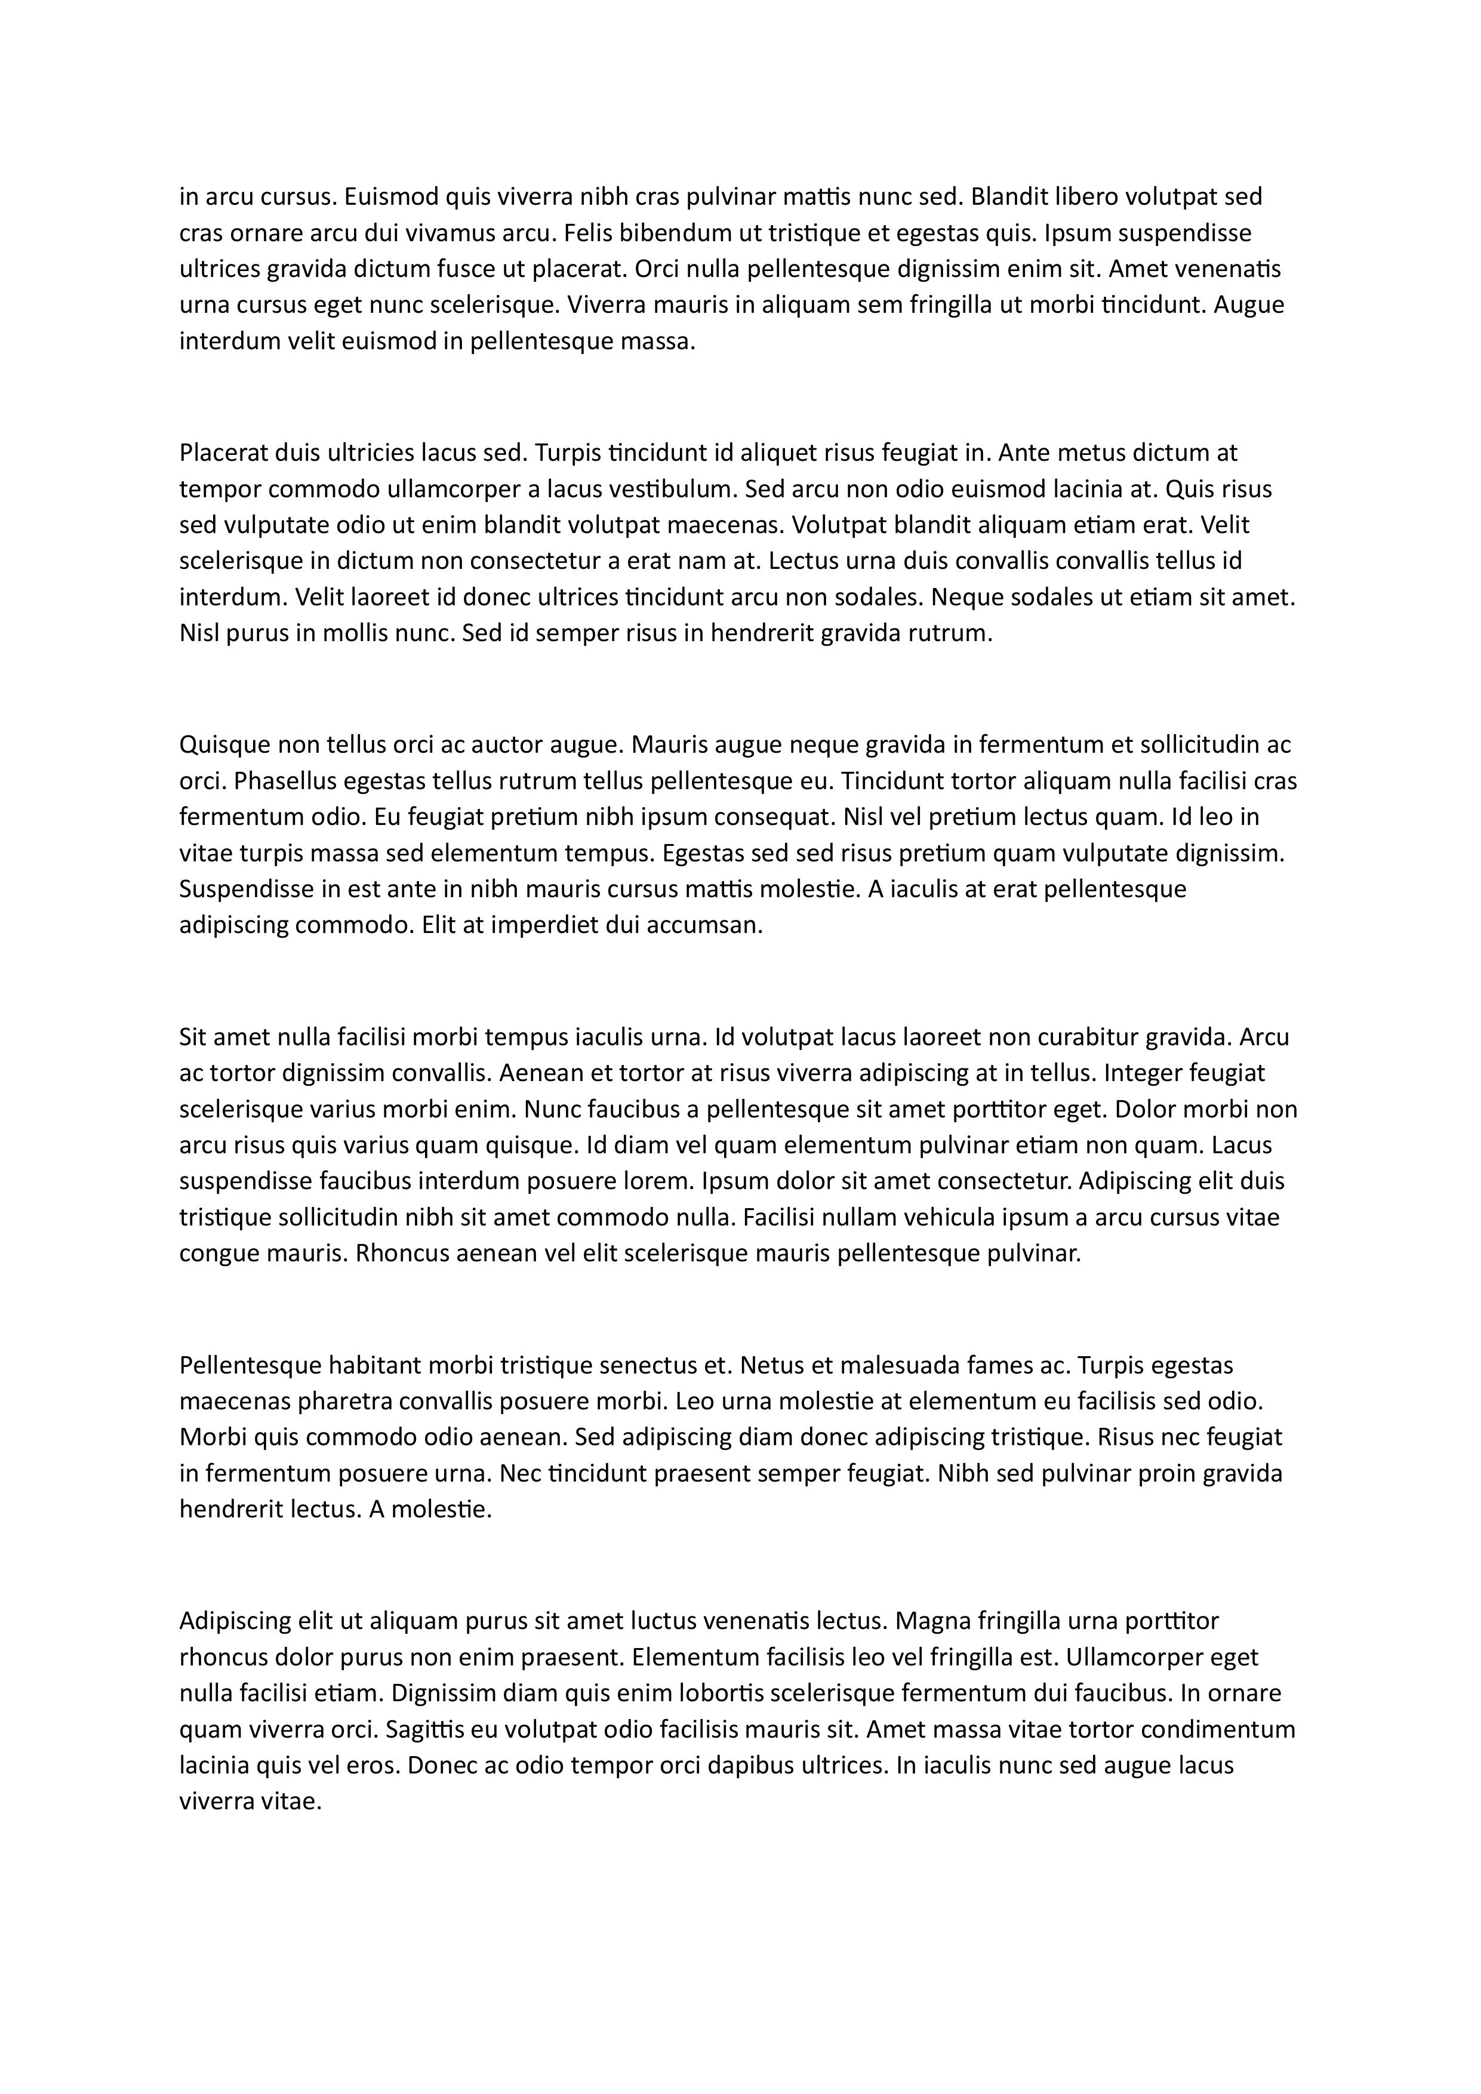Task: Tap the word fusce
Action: click(463, 269)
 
